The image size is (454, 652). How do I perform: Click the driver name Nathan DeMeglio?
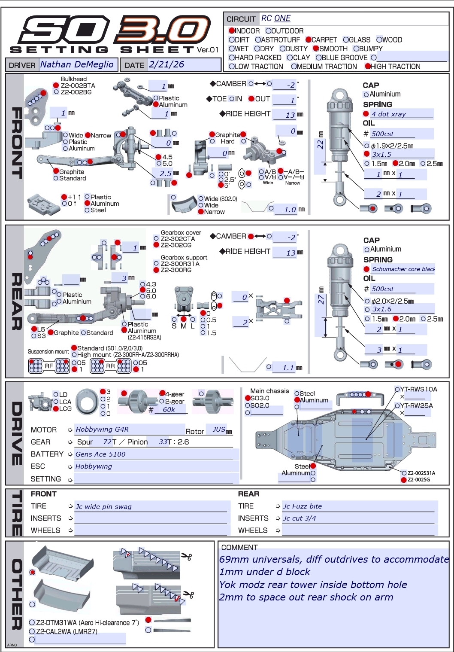point(77,64)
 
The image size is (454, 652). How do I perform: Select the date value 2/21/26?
point(166,64)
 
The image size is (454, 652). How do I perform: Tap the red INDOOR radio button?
point(232,30)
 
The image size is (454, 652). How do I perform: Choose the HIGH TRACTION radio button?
point(368,67)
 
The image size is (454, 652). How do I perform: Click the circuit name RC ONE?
point(276,18)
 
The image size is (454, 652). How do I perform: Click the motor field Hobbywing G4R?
point(102,430)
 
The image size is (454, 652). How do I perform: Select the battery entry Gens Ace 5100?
point(100,454)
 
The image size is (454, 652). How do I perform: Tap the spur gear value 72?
point(107,442)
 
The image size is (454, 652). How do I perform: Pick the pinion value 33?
point(163,442)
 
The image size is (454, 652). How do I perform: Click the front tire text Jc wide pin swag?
point(103,507)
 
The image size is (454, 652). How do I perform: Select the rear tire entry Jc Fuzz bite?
point(303,506)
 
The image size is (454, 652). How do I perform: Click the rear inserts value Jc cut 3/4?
point(300,518)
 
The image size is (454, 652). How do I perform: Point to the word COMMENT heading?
point(239,548)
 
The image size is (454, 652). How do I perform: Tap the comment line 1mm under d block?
point(265,572)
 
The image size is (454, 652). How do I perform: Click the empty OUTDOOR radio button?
point(268,30)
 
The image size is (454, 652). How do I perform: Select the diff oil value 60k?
point(169,409)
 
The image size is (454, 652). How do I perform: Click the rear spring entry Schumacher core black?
point(403,269)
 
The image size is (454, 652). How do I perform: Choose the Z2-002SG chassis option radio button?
point(403,480)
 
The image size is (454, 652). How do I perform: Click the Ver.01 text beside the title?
point(208,50)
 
